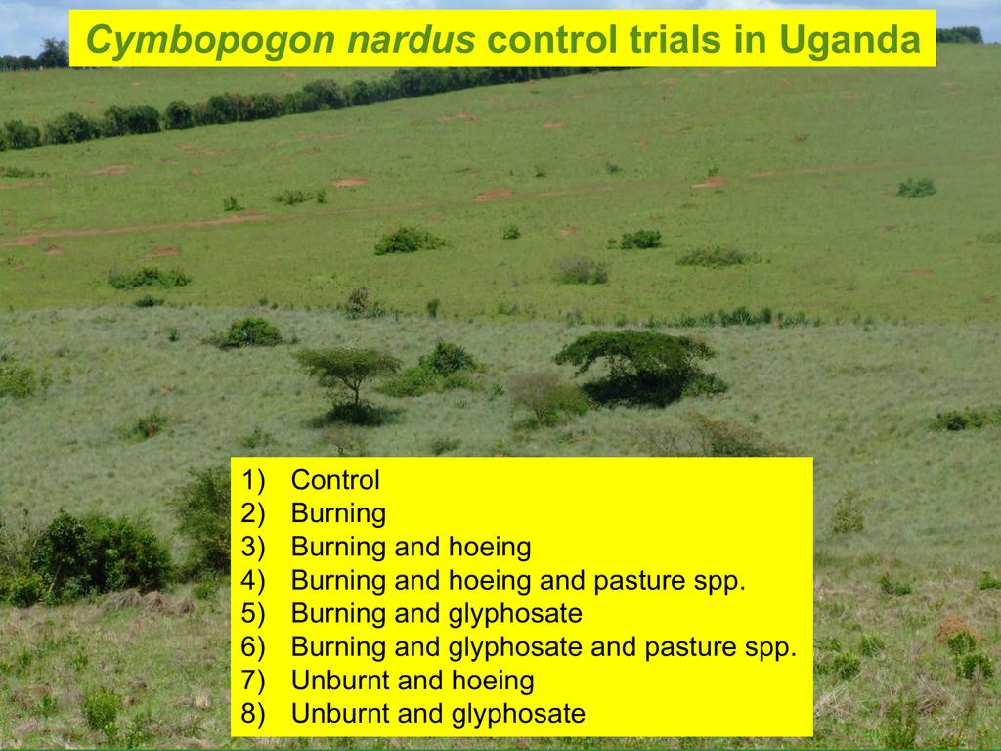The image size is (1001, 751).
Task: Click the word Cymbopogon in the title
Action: click(x=210, y=39)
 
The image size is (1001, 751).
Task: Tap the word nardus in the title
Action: click(x=412, y=39)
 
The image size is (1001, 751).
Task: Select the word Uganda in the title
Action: click(x=849, y=40)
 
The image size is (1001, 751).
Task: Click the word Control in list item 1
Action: click(x=335, y=480)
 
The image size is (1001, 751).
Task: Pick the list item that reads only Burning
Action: click(x=338, y=514)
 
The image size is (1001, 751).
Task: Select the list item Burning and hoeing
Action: click(x=412, y=548)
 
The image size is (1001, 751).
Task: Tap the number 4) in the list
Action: click(x=253, y=581)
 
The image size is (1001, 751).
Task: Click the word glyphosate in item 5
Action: click(x=515, y=614)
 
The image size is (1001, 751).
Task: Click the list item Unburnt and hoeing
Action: click(x=413, y=681)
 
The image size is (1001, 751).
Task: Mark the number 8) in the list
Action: click(x=253, y=713)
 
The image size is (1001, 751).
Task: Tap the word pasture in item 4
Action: click(x=639, y=581)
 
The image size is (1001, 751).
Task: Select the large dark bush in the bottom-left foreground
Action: click(x=96, y=554)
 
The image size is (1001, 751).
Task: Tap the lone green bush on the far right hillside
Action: click(x=916, y=187)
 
